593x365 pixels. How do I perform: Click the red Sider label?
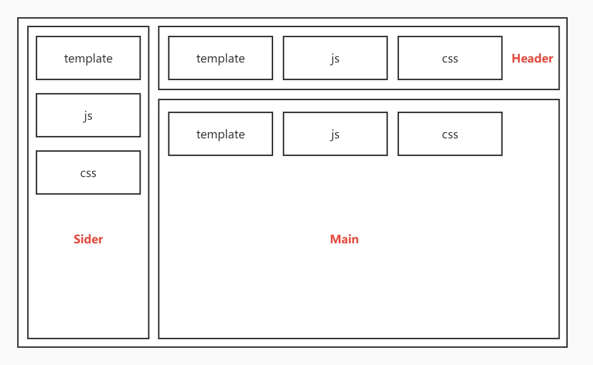coord(88,239)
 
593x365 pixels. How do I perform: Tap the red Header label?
coord(532,58)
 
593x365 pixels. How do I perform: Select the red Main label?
coord(344,239)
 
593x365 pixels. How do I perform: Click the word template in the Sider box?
coord(88,58)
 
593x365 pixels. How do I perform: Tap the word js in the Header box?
coord(335,59)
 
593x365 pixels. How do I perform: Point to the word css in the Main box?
coord(450,135)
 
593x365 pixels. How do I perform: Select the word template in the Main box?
coord(220,134)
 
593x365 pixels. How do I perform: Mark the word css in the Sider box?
coord(88,173)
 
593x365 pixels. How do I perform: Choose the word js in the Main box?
coord(335,135)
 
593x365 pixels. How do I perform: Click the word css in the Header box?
coord(450,59)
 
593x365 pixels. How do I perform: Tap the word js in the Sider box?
coord(88,116)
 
